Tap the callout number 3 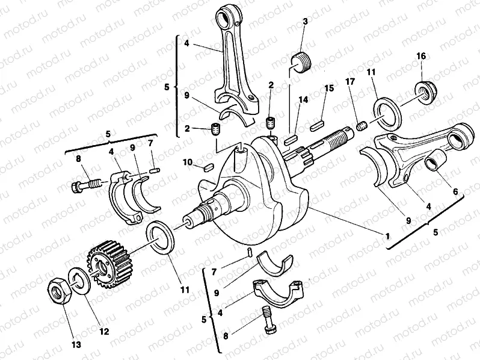click(305, 22)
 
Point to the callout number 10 click(187, 163)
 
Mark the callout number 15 click(329, 88)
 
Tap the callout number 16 click(421, 56)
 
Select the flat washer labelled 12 click(79, 278)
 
